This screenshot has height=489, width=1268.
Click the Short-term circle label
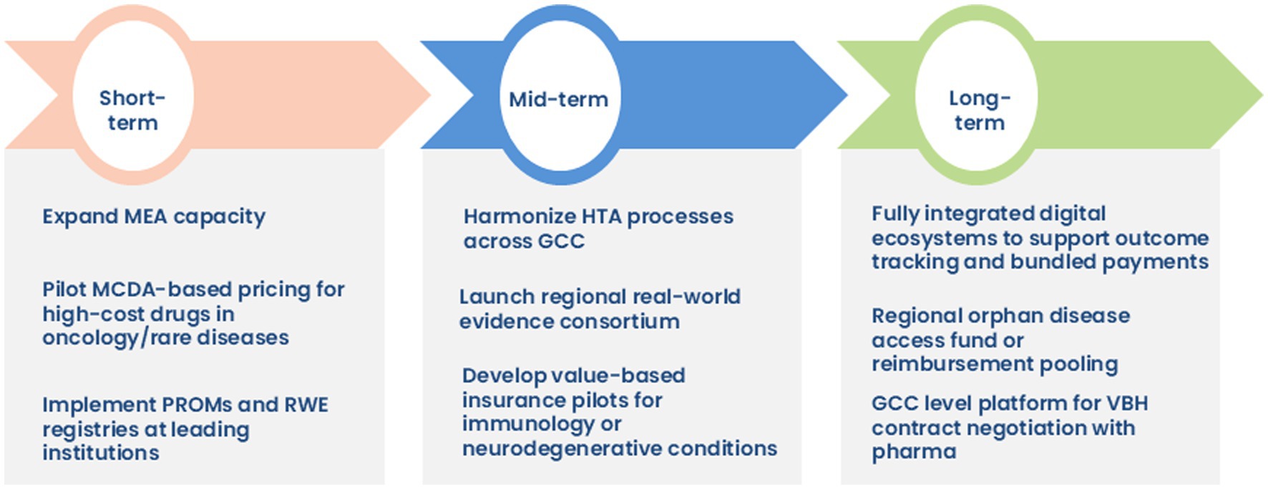[x=132, y=110]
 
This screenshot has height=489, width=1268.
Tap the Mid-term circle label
[x=558, y=100]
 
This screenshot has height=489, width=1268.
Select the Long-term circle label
[x=979, y=110]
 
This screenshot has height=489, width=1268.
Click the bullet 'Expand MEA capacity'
[x=154, y=216]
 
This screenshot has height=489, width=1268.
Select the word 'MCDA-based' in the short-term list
[x=137, y=289]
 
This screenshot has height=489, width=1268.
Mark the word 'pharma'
[x=914, y=452]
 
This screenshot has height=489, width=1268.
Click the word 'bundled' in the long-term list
[x=1048, y=262]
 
